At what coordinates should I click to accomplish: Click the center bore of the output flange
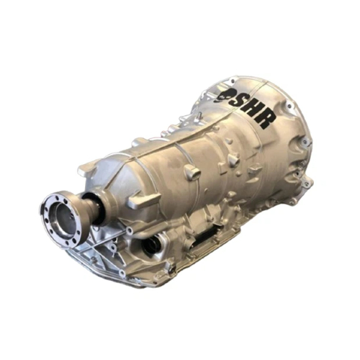click(x=63, y=217)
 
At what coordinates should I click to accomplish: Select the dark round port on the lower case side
click(x=153, y=245)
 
